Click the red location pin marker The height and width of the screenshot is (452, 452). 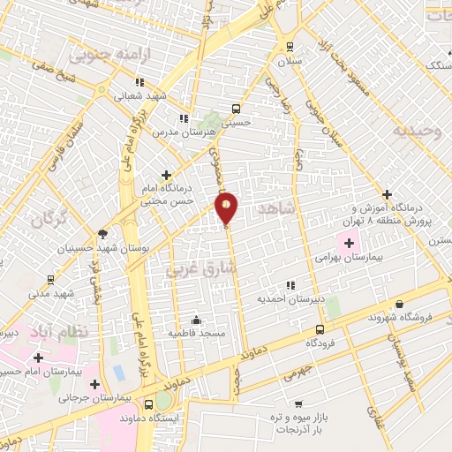click(x=227, y=208)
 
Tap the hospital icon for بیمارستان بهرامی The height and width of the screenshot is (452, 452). click(x=350, y=243)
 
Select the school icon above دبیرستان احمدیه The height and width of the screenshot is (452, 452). click(x=290, y=285)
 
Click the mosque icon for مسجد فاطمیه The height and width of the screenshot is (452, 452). click(x=196, y=320)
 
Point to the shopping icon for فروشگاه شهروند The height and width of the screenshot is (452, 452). click(x=399, y=303)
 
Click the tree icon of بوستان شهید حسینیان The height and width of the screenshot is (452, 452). click(x=102, y=234)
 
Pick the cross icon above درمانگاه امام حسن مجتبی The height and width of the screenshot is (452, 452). click(x=166, y=176)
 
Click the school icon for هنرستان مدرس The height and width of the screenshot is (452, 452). click(x=184, y=118)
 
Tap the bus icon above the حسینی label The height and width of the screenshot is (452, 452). click(x=236, y=109)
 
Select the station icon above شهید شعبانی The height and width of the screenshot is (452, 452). click(x=116, y=84)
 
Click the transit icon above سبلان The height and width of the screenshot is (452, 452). click(x=289, y=48)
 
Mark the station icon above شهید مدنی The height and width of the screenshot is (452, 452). click(x=49, y=279)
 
